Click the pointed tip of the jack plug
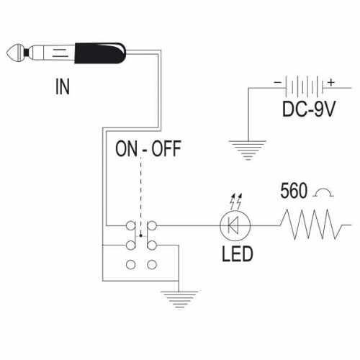coord(6,53)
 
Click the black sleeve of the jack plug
coord(100,53)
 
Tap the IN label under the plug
coord(63,86)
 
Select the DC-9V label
coord(309,109)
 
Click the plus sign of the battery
coord(331,82)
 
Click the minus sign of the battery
coord(278,82)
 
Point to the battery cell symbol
coord(305,87)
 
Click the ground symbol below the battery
coord(248,150)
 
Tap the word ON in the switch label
coord(126,149)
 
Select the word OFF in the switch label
coord(166,149)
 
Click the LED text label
coord(237,254)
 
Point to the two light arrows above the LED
coord(236,201)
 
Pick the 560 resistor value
coord(294,191)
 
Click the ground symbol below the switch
coord(179,300)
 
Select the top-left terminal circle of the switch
coord(131,225)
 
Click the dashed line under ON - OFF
coord(141,197)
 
